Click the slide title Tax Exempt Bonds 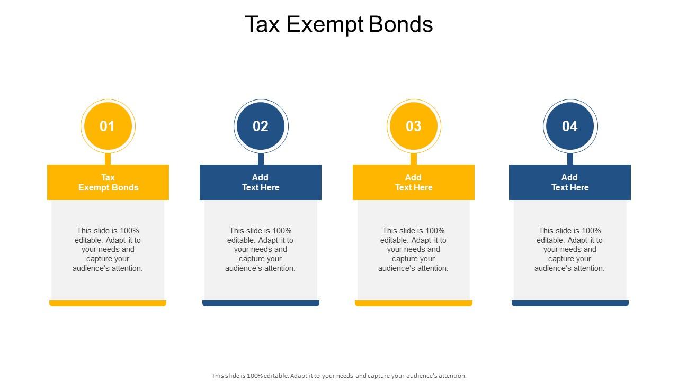(338, 24)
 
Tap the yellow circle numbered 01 (108, 126)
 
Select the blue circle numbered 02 (261, 126)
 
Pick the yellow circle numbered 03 (413, 126)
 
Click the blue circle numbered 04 (570, 126)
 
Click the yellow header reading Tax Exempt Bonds (108, 182)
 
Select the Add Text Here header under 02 (261, 182)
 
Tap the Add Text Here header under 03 (413, 182)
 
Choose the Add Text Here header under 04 (570, 182)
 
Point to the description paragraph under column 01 (108, 249)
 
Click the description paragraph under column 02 (261, 249)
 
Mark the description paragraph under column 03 (413, 249)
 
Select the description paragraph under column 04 (570, 249)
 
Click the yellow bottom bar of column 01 (108, 303)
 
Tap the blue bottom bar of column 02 (261, 303)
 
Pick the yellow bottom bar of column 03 (413, 303)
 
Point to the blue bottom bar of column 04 (570, 303)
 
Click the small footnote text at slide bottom (339, 376)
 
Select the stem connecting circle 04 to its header (570, 158)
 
